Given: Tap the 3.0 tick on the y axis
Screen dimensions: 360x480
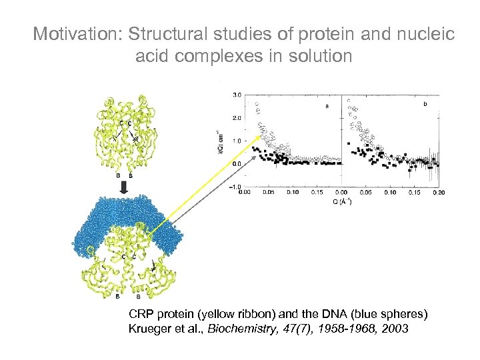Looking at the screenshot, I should (x=236, y=95).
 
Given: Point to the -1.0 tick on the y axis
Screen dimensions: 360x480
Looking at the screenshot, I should (x=235, y=187).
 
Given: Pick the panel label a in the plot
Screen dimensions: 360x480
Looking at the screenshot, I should (x=327, y=105).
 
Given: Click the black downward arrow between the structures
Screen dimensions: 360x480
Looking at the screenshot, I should (x=125, y=187).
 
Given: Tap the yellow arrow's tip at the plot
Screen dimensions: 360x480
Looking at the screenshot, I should (x=255, y=142).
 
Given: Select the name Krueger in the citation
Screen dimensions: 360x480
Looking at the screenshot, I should (x=147, y=329).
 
